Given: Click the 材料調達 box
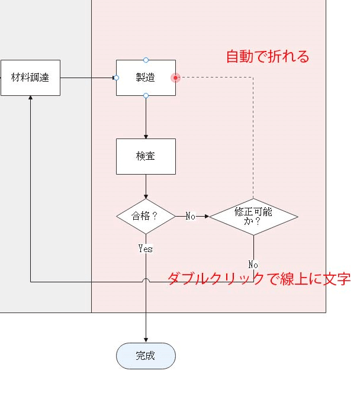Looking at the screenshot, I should click(x=30, y=78).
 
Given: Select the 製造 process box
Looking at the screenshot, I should click(x=146, y=78).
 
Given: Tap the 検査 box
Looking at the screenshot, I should click(x=146, y=156).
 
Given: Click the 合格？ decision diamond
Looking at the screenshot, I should click(x=146, y=216).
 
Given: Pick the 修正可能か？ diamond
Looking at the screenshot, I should click(x=253, y=216).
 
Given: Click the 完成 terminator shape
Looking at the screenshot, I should click(x=146, y=356).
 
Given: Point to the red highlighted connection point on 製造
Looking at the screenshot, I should click(x=175, y=78).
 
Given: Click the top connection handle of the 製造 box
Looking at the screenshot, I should click(x=146, y=60).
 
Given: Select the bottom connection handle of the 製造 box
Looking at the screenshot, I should click(x=146, y=95).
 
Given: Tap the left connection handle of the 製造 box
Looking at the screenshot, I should click(x=116, y=78).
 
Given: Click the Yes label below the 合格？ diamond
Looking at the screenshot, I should click(x=146, y=249).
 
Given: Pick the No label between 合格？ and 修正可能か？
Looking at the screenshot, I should click(x=191, y=216).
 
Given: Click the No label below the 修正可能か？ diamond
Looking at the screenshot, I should click(x=253, y=264).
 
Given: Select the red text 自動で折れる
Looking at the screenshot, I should click(x=268, y=57).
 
